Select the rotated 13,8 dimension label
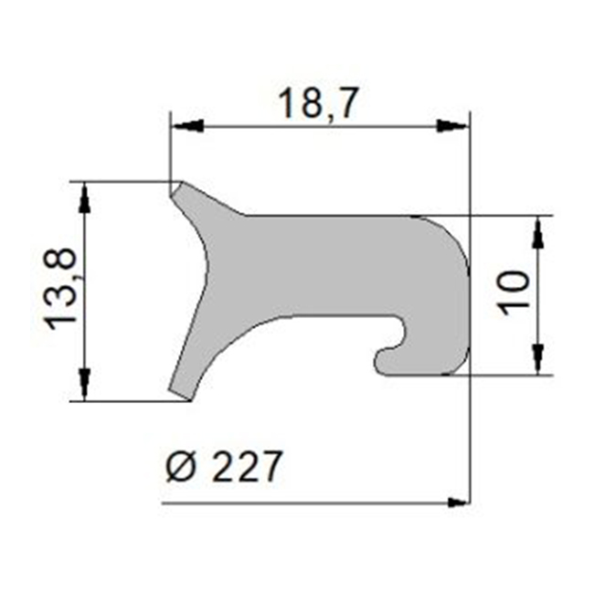pyautogui.click(x=61, y=292)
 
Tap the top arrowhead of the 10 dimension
pyautogui.click(x=537, y=229)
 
